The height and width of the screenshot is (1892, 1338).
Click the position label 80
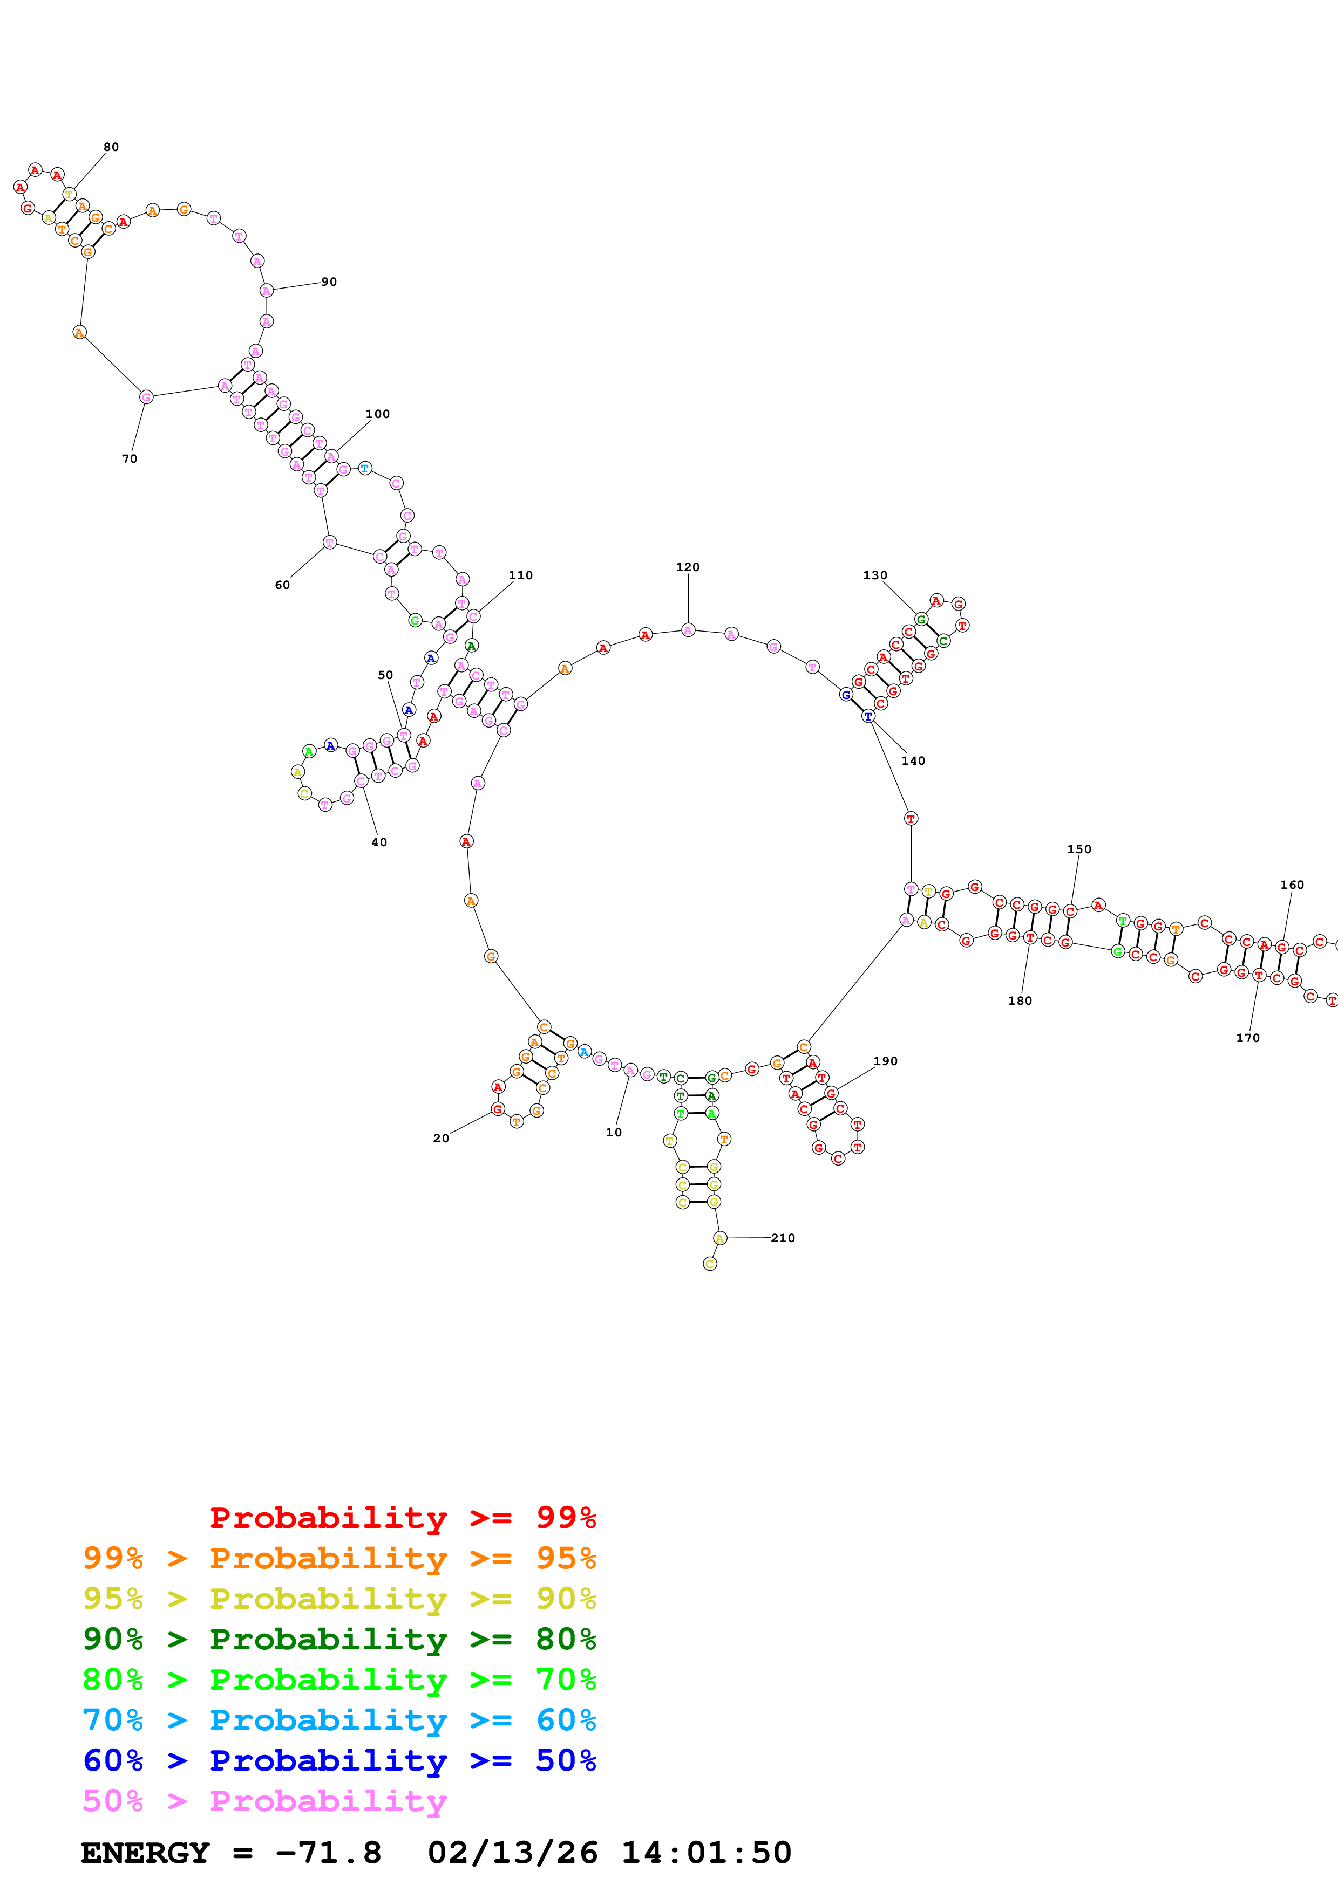pos(111,147)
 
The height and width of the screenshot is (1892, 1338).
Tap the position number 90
pos(329,282)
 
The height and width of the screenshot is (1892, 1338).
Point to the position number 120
pos(688,567)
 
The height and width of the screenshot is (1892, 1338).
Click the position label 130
pos(875,575)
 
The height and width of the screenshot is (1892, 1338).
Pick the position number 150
pos(1078,849)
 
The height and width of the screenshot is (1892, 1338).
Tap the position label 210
pos(783,1238)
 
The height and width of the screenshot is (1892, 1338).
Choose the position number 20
pos(441,1138)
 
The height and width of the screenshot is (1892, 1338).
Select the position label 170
pos(1247,1038)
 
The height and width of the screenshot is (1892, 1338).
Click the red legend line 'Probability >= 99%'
pos(402,1518)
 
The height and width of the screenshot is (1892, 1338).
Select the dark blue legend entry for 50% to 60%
pos(339,1760)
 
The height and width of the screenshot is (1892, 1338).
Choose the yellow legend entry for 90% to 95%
pos(339,1599)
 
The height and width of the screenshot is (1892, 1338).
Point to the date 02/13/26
pos(512,1853)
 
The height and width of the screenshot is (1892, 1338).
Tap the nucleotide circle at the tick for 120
pos(688,630)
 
